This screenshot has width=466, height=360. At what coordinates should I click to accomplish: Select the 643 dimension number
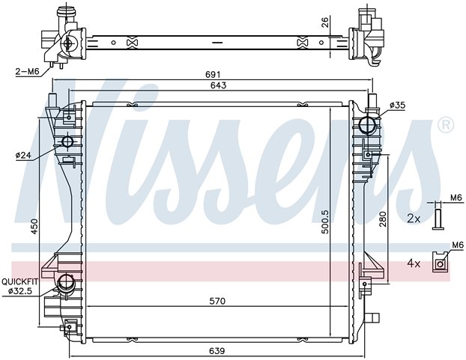pos(218,85)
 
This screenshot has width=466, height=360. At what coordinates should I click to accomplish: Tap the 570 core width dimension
pos(217,301)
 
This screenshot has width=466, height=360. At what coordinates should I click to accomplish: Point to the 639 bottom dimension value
pos(217,351)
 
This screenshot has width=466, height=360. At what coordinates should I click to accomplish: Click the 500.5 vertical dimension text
pos(326,222)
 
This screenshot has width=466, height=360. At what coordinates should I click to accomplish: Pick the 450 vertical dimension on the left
pos(34,227)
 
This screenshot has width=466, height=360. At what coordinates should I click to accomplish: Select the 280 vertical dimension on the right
pos(383,219)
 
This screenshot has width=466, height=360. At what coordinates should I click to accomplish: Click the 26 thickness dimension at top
pos(325,22)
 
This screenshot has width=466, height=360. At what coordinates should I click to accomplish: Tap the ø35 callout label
pos(397,105)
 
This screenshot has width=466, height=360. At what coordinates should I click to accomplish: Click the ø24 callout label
pos(23,155)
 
